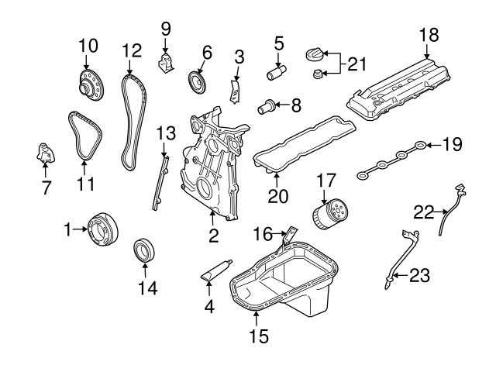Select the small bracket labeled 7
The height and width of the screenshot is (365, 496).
[x=45, y=153]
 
